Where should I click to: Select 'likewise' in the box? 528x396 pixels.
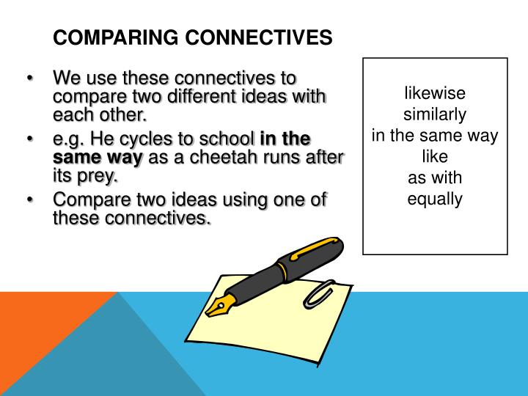(x=435, y=95)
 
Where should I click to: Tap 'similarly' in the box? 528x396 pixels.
(x=435, y=115)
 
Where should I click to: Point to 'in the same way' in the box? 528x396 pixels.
(x=435, y=136)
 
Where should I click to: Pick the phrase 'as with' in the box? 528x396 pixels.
(x=435, y=177)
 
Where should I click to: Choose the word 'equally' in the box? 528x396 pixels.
(x=435, y=199)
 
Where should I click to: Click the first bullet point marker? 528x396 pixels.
(x=30, y=78)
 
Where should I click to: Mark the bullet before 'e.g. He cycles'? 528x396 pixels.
(x=30, y=139)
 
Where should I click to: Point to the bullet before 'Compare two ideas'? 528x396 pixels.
(x=30, y=200)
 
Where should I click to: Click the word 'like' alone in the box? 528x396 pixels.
(x=435, y=156)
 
